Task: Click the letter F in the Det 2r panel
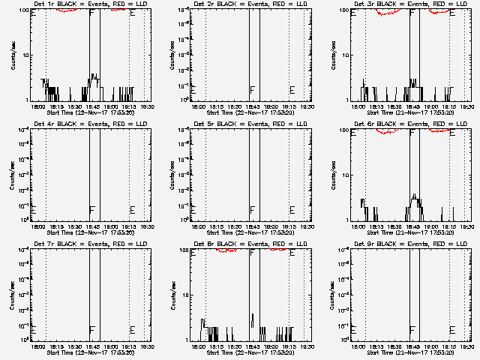[x=252, y=91]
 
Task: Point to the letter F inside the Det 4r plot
[x=91, y=210]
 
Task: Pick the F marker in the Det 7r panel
[x=91, y=330]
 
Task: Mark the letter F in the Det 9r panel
[x=412, y=330]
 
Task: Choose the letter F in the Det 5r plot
[x=252, y=210]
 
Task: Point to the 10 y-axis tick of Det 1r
[x=25, y=55]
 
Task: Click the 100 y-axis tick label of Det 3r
[x=343, y=10]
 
